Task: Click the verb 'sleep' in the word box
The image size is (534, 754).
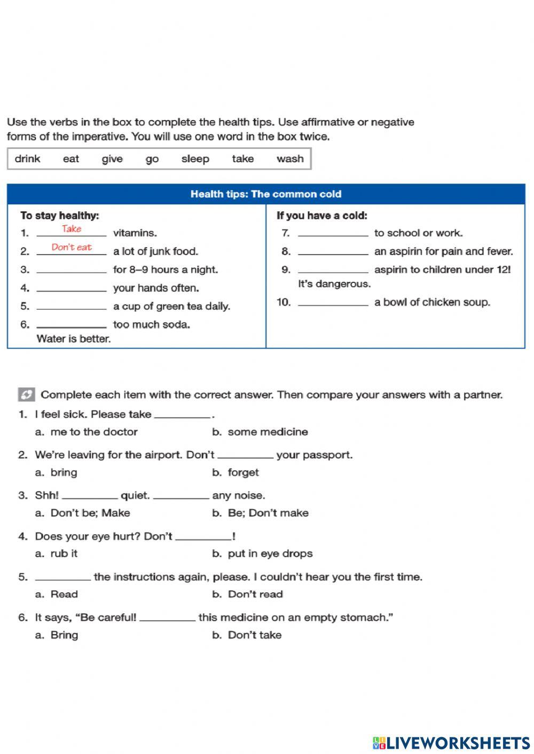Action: point(195,159)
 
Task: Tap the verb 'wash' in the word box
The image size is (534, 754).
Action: point(290,159)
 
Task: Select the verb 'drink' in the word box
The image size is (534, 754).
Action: point(27,159)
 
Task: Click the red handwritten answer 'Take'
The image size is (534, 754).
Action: point(72,229)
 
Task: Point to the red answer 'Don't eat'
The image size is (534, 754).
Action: point(72,248)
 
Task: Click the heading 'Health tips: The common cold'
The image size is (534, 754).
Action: point(266,194)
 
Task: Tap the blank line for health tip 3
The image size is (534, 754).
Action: point(72,271)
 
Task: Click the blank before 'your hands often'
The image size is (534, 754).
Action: point(72,289)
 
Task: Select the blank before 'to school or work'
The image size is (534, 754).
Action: point(333,234)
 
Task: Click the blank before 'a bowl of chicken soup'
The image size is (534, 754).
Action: point(333,303)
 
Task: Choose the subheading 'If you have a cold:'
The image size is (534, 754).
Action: point(321,216)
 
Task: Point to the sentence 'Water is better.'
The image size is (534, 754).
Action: point(74,339)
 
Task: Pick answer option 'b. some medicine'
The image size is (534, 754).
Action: point(260,432)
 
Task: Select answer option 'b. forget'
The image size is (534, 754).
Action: point(235,473)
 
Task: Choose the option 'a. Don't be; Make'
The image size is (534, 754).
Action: point(83,513)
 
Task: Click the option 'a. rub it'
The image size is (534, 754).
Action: point(57,554)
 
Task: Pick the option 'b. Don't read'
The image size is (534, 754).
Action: point(248,594)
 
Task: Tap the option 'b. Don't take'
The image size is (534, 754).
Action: point(247,635)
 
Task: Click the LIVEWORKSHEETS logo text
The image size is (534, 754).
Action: point(458,742)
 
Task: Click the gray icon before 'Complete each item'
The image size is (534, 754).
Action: point(27,395)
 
